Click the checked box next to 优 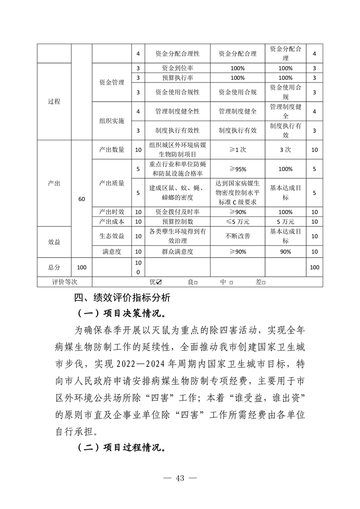pos(159,282)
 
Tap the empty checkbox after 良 pos(195,282)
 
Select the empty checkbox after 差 pos(264,282)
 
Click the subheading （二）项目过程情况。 pos(120,447)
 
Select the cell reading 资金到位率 pos(177,68)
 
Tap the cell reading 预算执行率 pos(177,78)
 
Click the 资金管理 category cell pos(112,83)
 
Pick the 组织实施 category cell pos(112,121)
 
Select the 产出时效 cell pos(112,212)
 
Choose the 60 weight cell pos(81,199)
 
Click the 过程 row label pos(54,102)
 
